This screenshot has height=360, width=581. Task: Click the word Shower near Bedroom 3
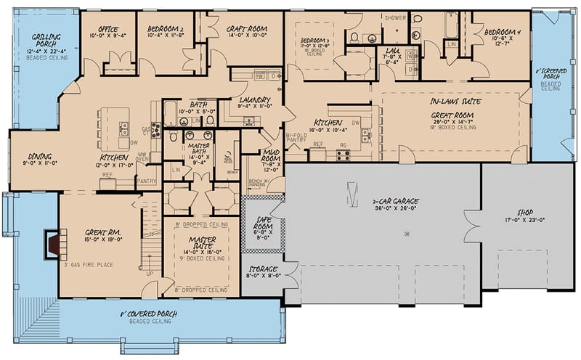[x=395, y=17]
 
